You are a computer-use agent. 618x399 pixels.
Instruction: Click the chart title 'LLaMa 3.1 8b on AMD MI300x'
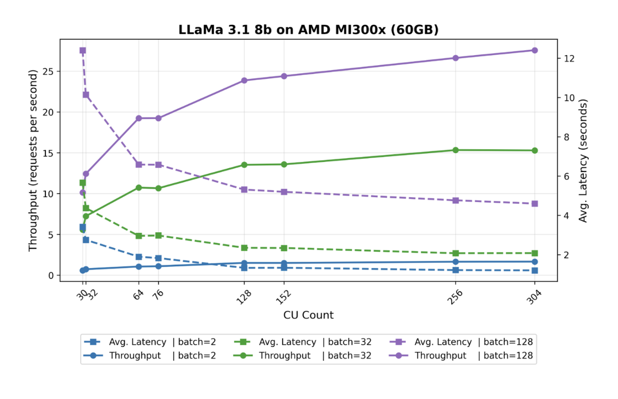pyautogui.click(x=309, y=29)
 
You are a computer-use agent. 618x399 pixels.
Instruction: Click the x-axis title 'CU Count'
pyautogui.click(x=309, y=315)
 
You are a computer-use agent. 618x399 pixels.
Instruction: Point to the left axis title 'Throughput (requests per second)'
pyautogui.click(x=33, y=160)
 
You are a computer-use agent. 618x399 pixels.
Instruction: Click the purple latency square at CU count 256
pyautogui.click(x=456, y=200)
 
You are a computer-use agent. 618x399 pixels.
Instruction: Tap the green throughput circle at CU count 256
pyautogui.click(x=456, y=150)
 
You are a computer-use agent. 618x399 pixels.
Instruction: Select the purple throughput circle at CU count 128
pyautogui.click(x=244, y=80)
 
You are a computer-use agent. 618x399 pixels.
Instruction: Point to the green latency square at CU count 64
pyautogui.click(x=139, y=236)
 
